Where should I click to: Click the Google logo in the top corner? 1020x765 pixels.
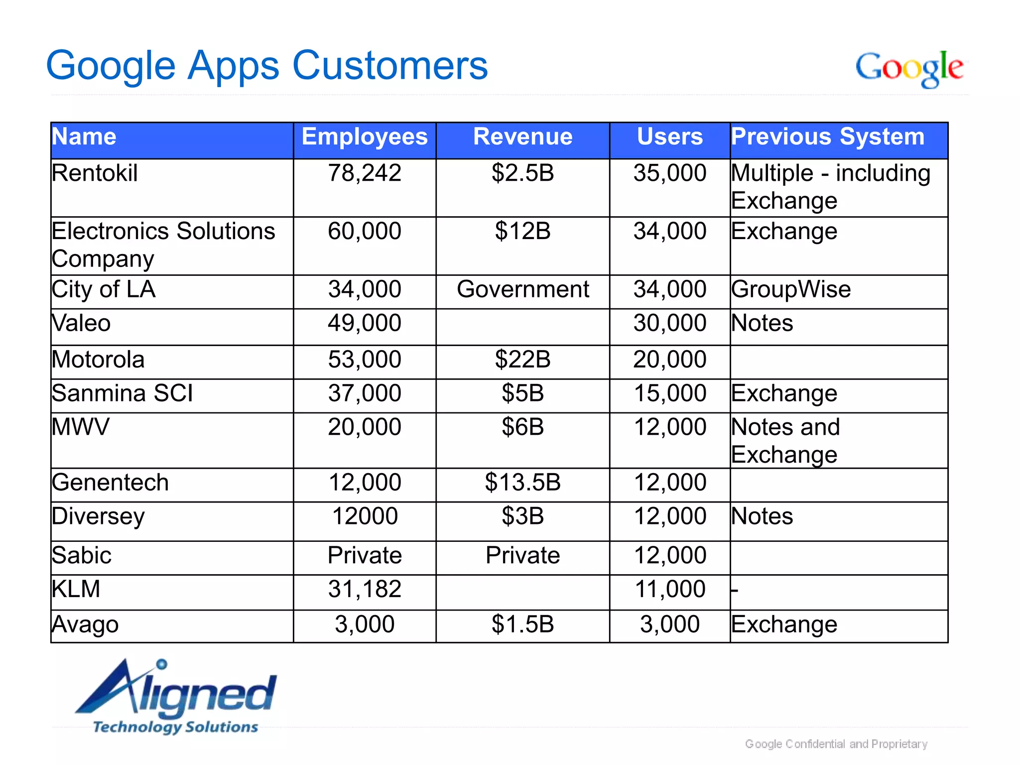(x=909, y=68)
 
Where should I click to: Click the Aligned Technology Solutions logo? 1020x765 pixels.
(x=176, y=697)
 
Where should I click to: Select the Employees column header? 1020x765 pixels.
(x=365, y=137)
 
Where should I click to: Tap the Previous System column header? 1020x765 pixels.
(x=827, y=137)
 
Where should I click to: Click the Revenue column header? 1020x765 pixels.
(x=522, y=137)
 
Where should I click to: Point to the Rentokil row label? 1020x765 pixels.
(x=95, y=173)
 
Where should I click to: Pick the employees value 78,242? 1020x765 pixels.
(x=365, y=173)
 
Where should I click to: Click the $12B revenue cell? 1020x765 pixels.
(x=522, y=232)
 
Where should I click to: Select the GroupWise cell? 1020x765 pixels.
(x=791, y=289)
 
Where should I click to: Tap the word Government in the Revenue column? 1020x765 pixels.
(x=522, y=289)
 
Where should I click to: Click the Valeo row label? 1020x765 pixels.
(x=81, y=323)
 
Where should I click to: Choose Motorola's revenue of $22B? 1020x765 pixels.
(x=522, y=360)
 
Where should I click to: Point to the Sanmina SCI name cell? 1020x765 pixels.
(x=122, y=393)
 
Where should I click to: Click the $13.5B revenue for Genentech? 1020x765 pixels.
(x=522, y=483)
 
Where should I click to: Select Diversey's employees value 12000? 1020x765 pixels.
(x=365, y=516)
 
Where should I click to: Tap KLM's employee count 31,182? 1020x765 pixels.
(x=365, y=589)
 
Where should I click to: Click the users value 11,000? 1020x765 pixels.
(x=670, y=589)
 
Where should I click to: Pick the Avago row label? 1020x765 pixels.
(x=85, y=625)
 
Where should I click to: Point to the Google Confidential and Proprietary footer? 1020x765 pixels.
(x=836, y=744)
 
